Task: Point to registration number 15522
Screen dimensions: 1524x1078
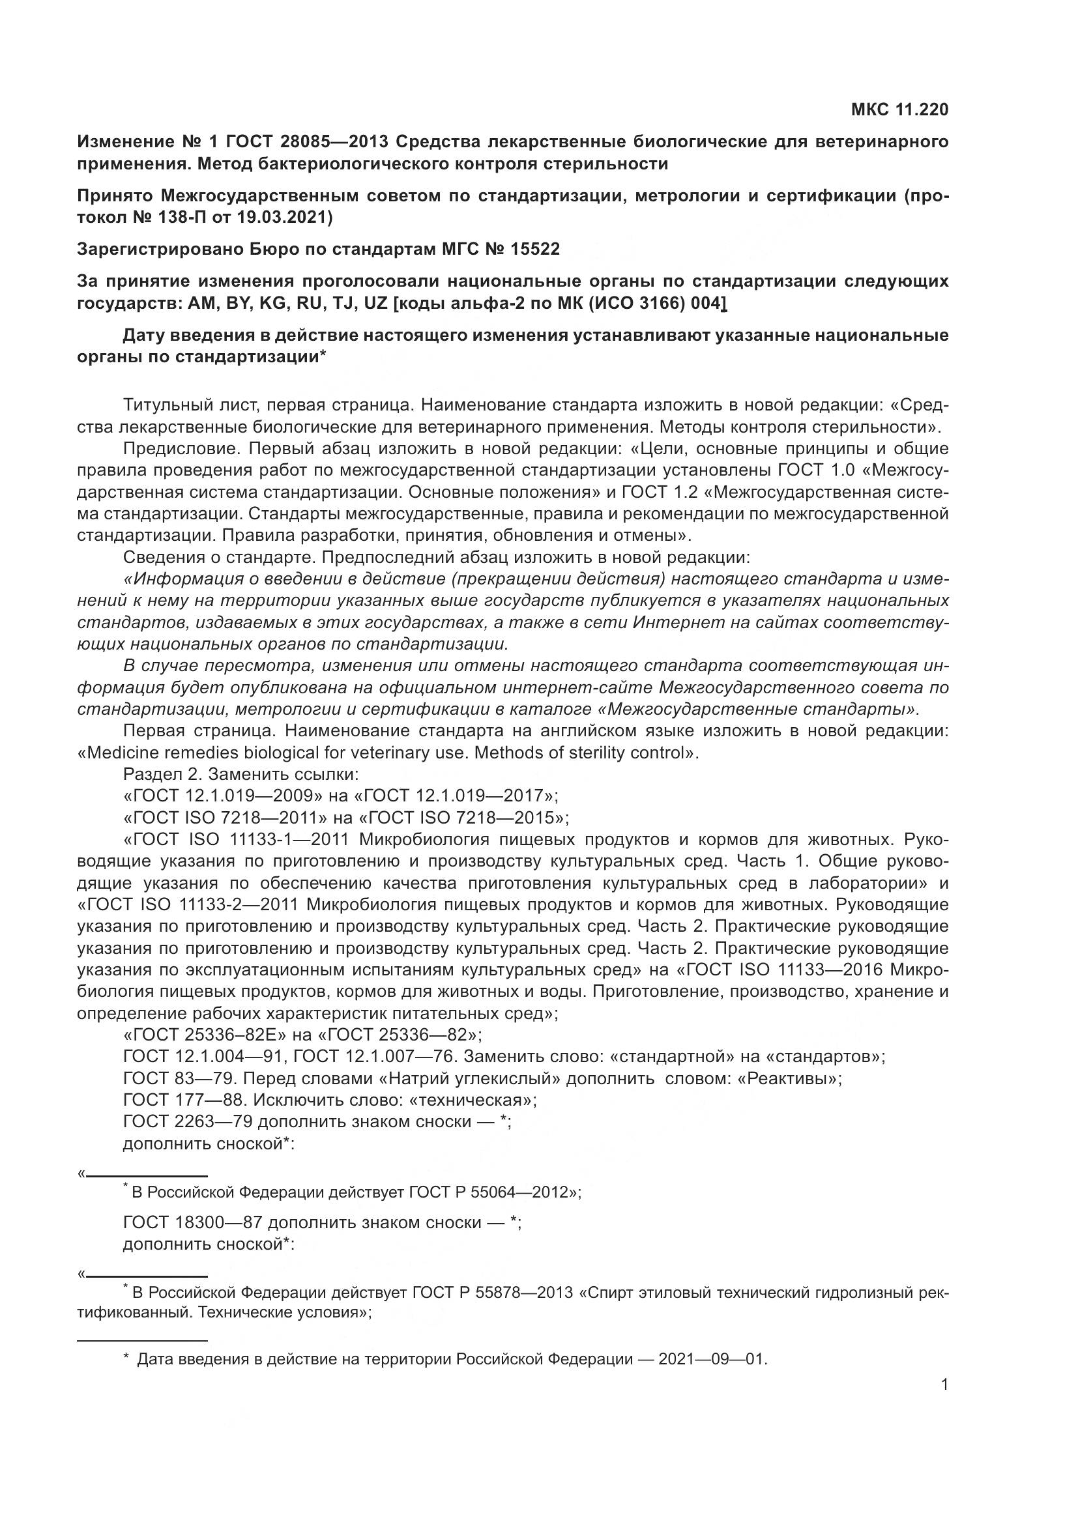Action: click(x=535, y=249)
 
